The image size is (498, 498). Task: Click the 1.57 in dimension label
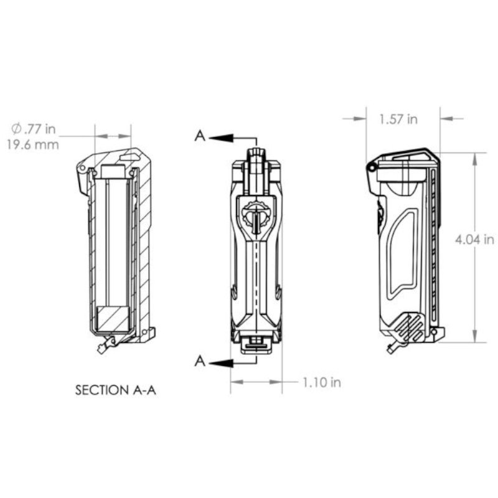398,119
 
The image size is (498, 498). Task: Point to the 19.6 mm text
35,145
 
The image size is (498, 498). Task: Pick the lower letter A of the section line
199,360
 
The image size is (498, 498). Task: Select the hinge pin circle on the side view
372,167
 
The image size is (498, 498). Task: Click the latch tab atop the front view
256,156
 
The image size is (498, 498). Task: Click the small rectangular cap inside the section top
113,171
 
